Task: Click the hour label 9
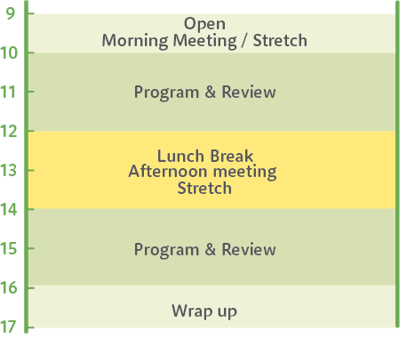[10, 13]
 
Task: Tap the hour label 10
[8, 53]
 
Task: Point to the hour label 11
[8, 93]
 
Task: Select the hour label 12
[8, 132]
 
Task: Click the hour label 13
[8, 171]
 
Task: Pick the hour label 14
[8, 210]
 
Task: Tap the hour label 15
[8, 249]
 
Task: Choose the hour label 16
[8, 288]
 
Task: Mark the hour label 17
[8, 327]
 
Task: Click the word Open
[204, 24]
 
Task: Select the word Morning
[135, 41]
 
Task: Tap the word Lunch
[180, 156]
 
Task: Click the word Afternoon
[169, 172]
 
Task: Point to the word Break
[232, 156]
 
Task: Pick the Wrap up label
[204, 312]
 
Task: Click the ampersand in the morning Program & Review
[210, 92]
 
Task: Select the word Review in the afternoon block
[249, 249]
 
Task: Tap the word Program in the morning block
[166, 93]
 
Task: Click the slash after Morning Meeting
[244, 41]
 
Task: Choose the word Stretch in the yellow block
[204, 189]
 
